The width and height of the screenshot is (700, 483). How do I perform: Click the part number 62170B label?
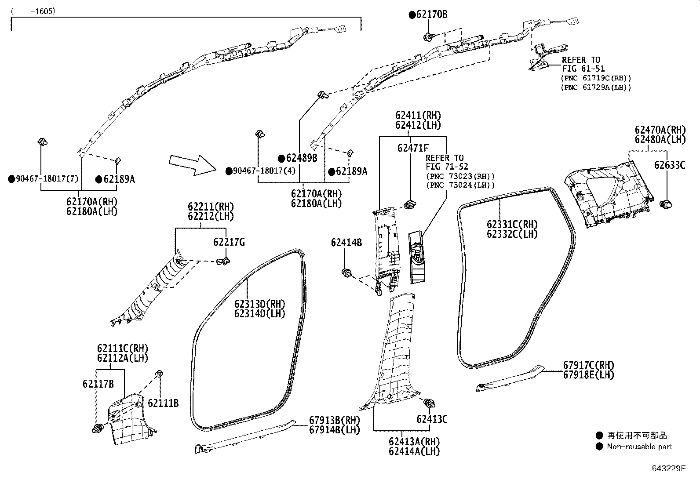coord(431,15)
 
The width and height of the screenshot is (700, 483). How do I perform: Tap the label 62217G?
coord(229,242)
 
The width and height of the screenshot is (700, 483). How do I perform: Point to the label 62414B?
coord(346,242)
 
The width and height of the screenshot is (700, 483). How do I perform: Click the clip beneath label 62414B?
coord(346,273)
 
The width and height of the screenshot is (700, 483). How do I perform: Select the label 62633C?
coord(669,165)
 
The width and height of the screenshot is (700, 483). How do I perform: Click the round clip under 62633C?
coord(667,204)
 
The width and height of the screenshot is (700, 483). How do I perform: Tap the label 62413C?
coord(432,419)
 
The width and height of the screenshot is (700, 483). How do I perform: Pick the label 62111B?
coord(163,403)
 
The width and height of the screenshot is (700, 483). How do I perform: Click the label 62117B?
coord(98,384)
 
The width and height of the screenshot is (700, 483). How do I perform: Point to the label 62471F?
coord(413,148)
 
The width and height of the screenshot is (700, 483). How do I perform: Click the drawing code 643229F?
coord(668,468)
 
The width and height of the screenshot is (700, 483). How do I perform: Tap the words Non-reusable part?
coord(639,447)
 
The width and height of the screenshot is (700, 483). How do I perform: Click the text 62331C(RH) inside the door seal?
coord(512,225)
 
